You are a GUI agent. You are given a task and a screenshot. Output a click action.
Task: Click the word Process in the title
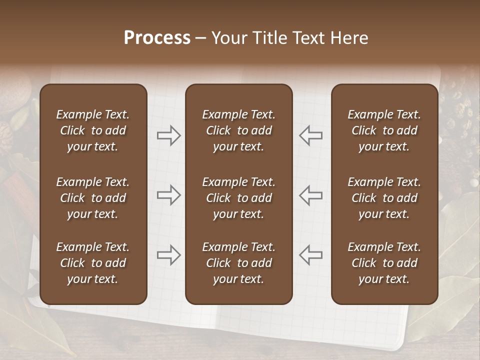157,38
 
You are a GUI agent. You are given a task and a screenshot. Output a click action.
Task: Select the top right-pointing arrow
169,135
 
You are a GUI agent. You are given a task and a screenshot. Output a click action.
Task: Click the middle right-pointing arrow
169,195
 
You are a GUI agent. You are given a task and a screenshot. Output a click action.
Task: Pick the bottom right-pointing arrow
169,255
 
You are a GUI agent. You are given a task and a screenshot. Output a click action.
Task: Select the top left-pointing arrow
310,135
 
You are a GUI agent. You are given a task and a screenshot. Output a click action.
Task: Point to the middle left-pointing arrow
310,195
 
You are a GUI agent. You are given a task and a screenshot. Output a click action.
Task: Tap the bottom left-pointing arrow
310,255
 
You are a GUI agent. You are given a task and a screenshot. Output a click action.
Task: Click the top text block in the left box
93,130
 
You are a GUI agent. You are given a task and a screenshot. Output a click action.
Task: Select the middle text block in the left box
93,198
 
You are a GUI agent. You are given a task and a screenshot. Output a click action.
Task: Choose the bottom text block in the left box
93,263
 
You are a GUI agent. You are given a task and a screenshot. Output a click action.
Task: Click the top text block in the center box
238,130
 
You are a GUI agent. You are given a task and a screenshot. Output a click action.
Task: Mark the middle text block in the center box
238,198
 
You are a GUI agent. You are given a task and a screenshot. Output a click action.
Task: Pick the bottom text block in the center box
238,263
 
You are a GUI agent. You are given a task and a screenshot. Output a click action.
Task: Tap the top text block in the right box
384,130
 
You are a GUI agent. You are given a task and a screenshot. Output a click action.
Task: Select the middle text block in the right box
384,198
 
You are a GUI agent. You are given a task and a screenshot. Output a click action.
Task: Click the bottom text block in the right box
384,263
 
